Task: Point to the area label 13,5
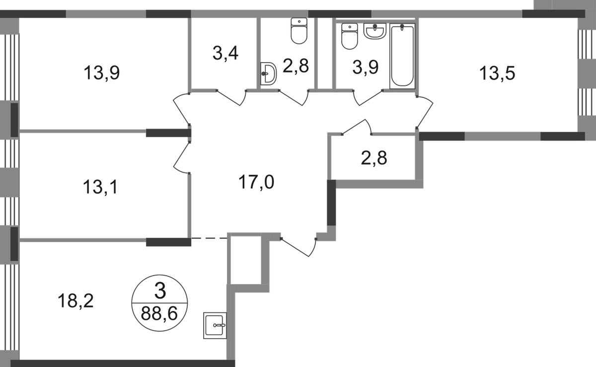(x=497, y=74)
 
